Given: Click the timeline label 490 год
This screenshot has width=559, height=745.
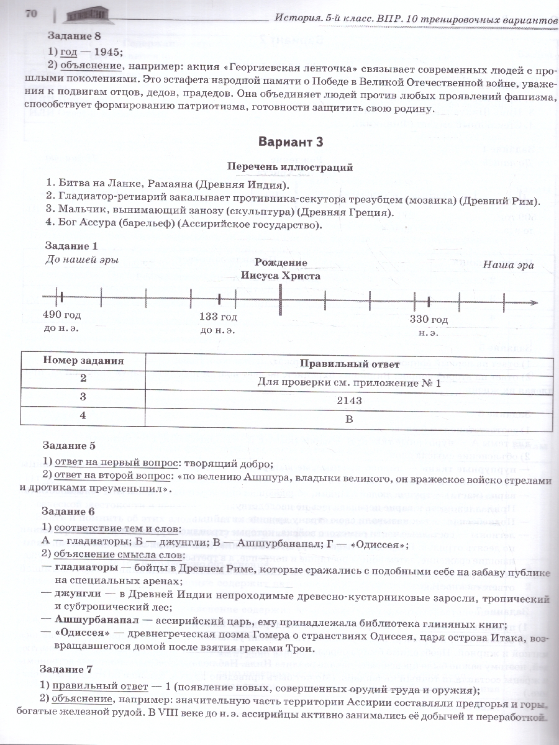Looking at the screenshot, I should pos(61,315).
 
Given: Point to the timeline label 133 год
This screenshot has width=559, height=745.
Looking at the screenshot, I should pos(218,317).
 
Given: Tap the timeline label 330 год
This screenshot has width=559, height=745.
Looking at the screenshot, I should pos(429,319).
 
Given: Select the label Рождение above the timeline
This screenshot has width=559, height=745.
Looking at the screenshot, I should pos(281,263).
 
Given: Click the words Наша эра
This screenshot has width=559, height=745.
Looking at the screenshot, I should pos(508,264).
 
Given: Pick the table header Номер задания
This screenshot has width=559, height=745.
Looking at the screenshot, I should pos(83,361).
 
